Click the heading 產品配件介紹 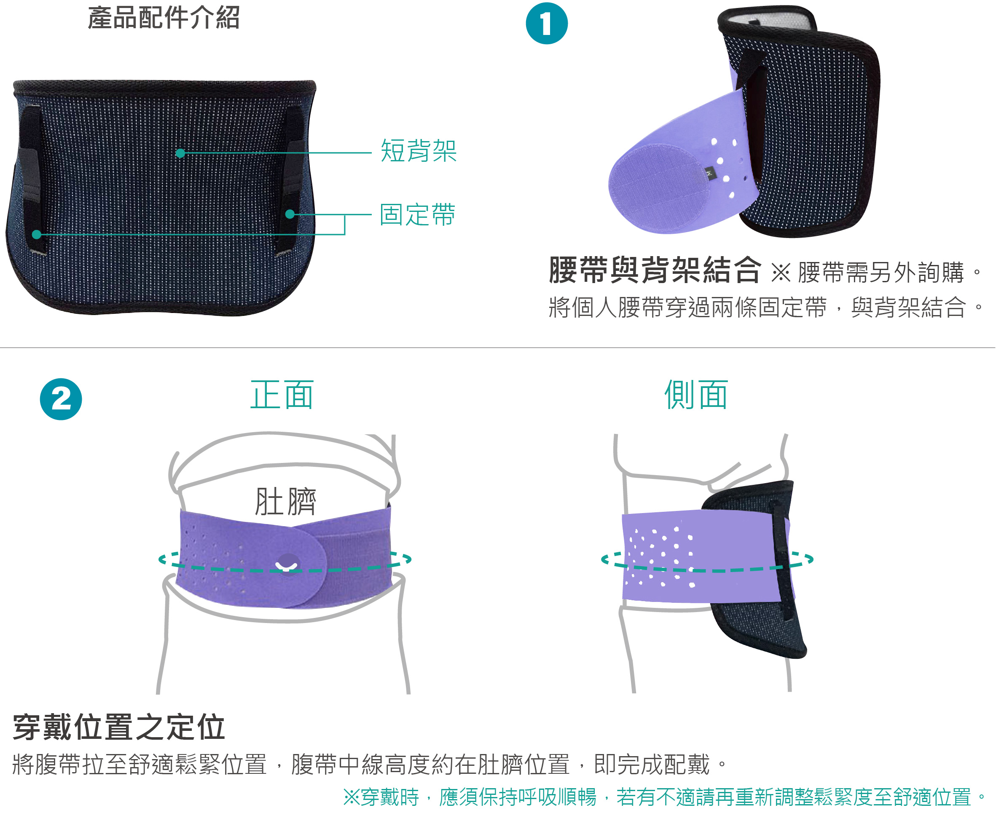[164, 18]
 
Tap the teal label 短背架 [419, 151]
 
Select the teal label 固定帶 [417, 214]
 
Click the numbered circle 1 [547, 24]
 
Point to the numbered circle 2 [61, 399]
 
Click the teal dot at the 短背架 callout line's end [180, 153]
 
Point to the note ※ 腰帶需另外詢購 [875, 272]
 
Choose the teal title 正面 [282, 395]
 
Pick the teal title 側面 [696, 395]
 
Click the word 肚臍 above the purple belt [285, 501]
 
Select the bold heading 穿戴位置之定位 [118, 727]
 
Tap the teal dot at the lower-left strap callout [37, 234]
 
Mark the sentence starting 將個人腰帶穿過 [765, 308]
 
